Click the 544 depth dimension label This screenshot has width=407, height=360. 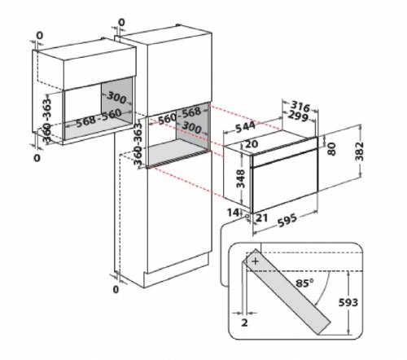click(x=246, y=127)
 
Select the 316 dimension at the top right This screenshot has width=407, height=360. click(x=300, y=106)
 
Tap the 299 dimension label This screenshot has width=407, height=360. click(x=298, y=116)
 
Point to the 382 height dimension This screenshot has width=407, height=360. click(x=360, y=151)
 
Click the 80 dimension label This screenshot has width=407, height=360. click(x=331, y=149)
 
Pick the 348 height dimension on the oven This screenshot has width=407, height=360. click(x=240, y=178)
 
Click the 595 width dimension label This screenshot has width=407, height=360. click(x=287, y=221)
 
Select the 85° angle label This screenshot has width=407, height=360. click(x=304, y=283)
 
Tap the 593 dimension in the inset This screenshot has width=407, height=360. click(x=348, y=302)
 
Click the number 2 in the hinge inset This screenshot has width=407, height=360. click(x=244, y=323)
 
